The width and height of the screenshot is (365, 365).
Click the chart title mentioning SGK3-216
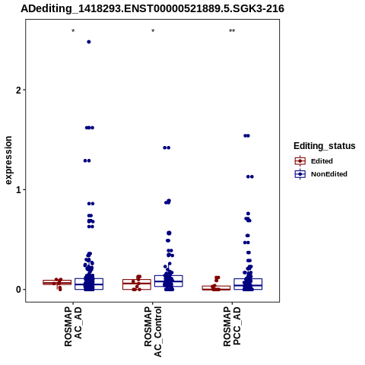(152, 8)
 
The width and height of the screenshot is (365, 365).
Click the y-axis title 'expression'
(8, 160)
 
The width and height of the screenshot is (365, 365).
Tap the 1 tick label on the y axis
(18, 190)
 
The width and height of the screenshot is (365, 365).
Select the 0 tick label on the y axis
(18, 290)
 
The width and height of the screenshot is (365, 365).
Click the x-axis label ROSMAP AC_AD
(73, 326)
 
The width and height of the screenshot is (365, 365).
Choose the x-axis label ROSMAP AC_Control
(153, 332)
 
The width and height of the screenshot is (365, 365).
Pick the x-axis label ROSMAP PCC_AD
(232, 326)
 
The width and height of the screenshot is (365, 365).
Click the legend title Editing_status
(325, 146)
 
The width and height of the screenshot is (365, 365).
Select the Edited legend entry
(314, 161)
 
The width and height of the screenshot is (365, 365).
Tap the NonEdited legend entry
(321, 174)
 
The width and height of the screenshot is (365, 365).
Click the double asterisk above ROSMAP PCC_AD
(232, 31)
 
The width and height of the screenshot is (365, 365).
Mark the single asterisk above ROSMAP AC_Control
(153, 31)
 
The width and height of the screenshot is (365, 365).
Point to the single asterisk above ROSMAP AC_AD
(73, 31)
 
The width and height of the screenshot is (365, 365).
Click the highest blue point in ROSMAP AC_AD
(89, 42)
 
